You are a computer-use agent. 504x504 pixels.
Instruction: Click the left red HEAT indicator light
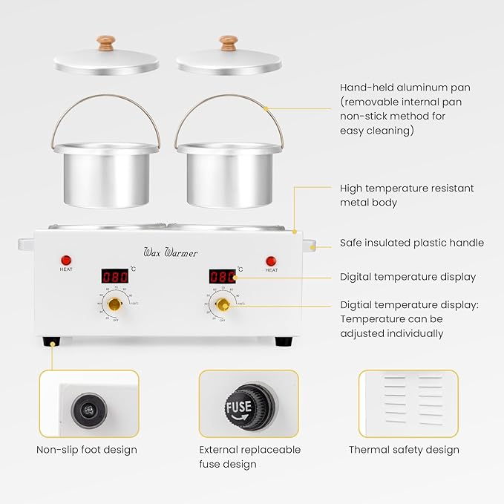point(66,260)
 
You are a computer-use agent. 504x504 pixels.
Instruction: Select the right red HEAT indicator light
point(271,261)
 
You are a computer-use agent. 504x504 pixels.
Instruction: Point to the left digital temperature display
point(114,276)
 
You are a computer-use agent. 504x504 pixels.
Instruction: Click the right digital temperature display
point(222,276)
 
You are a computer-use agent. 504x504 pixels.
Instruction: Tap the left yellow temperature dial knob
point(114,304)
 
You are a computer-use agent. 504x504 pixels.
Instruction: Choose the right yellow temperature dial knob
point(222,304)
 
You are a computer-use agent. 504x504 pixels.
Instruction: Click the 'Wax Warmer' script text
point(170,252)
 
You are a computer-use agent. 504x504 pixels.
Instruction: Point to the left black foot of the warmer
point(51,342)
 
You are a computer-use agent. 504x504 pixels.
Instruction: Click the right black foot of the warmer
point(284,342)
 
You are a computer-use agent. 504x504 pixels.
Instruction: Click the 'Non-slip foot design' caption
point(87,450)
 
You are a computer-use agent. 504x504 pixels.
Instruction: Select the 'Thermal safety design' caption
point(404,450)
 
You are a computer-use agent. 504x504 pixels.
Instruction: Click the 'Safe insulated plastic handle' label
point(411,243)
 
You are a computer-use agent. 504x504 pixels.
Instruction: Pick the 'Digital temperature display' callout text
point(408,277)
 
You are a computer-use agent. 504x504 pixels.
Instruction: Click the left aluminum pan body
point(111,175)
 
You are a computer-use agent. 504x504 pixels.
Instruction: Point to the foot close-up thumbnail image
point(88,405)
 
